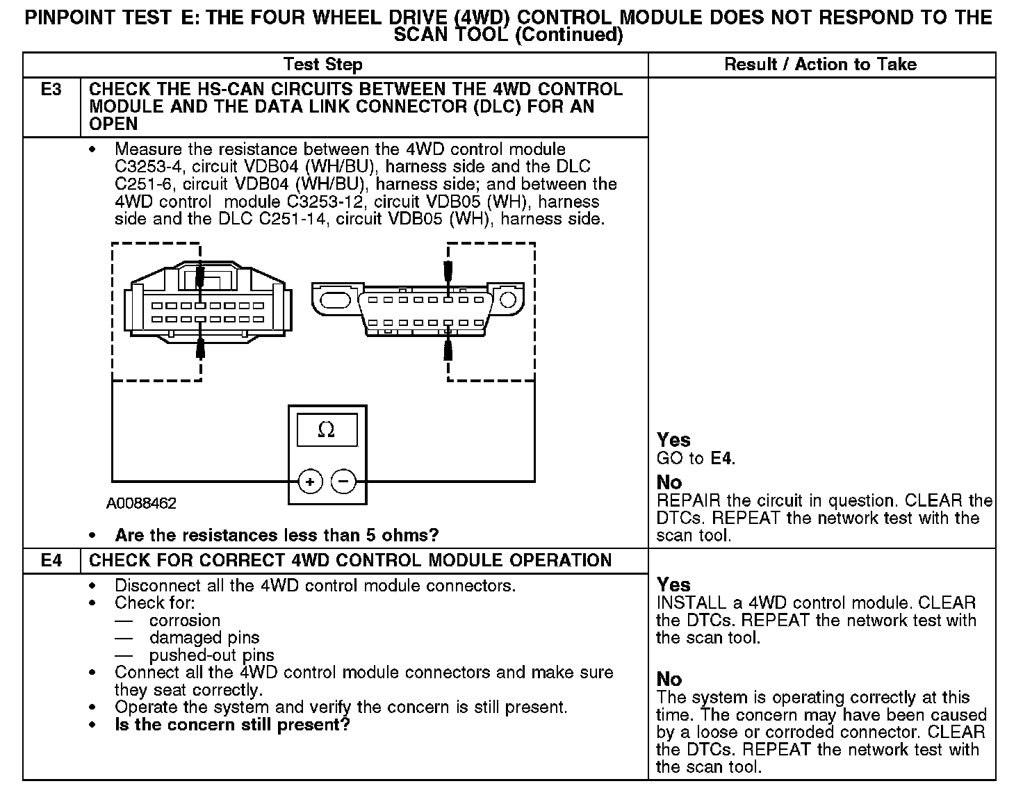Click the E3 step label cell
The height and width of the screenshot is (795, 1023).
51,90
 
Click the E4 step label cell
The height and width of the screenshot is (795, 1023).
51,561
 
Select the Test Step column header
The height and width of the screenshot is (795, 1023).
323,65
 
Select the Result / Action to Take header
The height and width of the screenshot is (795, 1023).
820,65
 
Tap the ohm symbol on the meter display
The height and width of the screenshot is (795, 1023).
326,430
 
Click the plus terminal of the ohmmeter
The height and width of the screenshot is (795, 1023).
310,481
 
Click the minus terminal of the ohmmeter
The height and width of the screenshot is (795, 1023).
343,481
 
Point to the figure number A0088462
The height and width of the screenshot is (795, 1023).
141,503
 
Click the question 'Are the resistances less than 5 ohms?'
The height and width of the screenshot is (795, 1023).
277,535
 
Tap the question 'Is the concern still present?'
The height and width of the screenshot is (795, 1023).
232,725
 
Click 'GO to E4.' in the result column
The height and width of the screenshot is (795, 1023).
696,458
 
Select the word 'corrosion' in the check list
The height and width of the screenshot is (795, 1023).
184,620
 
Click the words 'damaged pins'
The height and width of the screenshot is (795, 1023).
204,637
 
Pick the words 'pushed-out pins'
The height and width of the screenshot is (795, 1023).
211,655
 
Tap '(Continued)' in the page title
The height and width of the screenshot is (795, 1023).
568,35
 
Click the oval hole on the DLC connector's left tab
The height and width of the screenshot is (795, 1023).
335,300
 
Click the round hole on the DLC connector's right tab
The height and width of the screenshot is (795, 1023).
508,300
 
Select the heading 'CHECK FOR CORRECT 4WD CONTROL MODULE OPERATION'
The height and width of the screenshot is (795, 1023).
350,561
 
